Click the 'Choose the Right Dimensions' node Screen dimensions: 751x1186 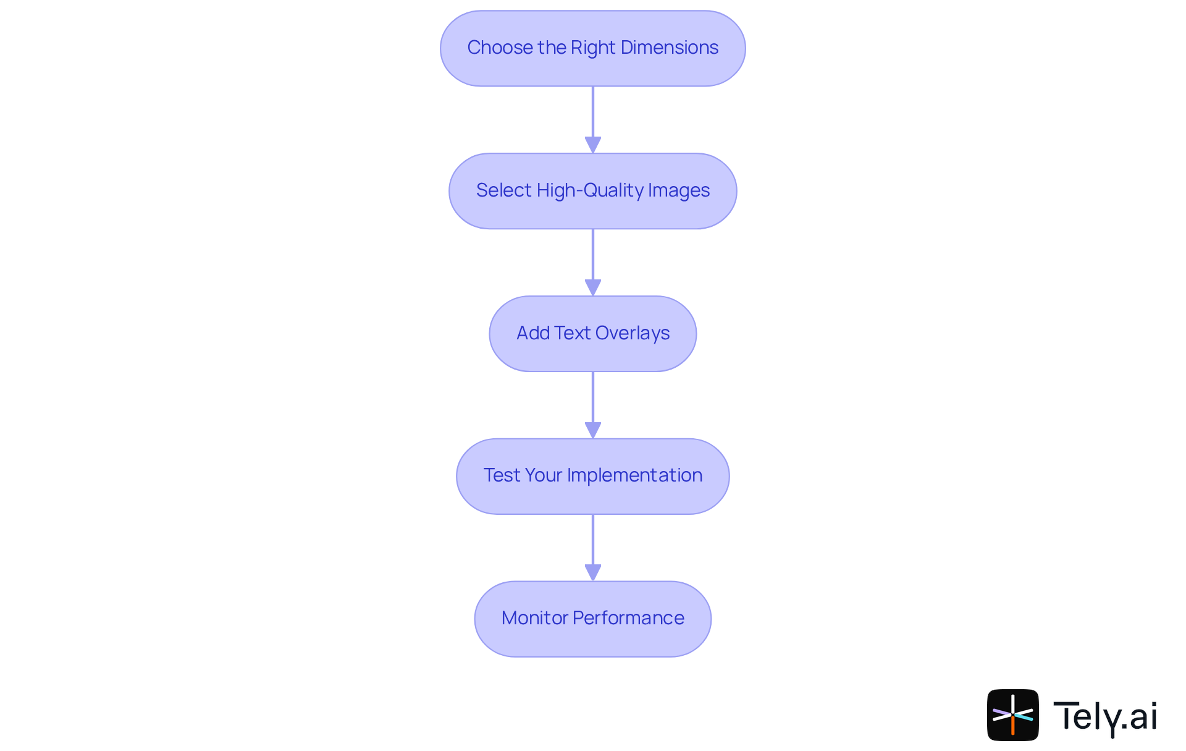click(x=592, y=48)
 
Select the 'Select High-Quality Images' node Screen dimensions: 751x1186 click(x=592, y=191)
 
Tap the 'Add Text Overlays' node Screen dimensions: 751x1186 click(x=592, y=334)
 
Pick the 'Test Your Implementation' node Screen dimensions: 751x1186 click(x=592, y=476)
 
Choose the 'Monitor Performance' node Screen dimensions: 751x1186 click(x=592, y=619)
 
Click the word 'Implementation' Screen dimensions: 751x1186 click(x=634, y=475)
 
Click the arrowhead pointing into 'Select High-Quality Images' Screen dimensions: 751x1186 click(x=593, y=145)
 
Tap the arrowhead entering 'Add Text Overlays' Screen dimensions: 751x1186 click(x=593, y=287)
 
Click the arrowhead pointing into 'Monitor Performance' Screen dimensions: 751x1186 click(x=593, y=572)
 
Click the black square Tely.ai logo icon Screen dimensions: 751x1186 click(x=1012, y=715)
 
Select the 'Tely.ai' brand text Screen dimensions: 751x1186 click(x=1105, y=716)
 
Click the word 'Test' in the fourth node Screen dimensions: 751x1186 click(x=502, y=475)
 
